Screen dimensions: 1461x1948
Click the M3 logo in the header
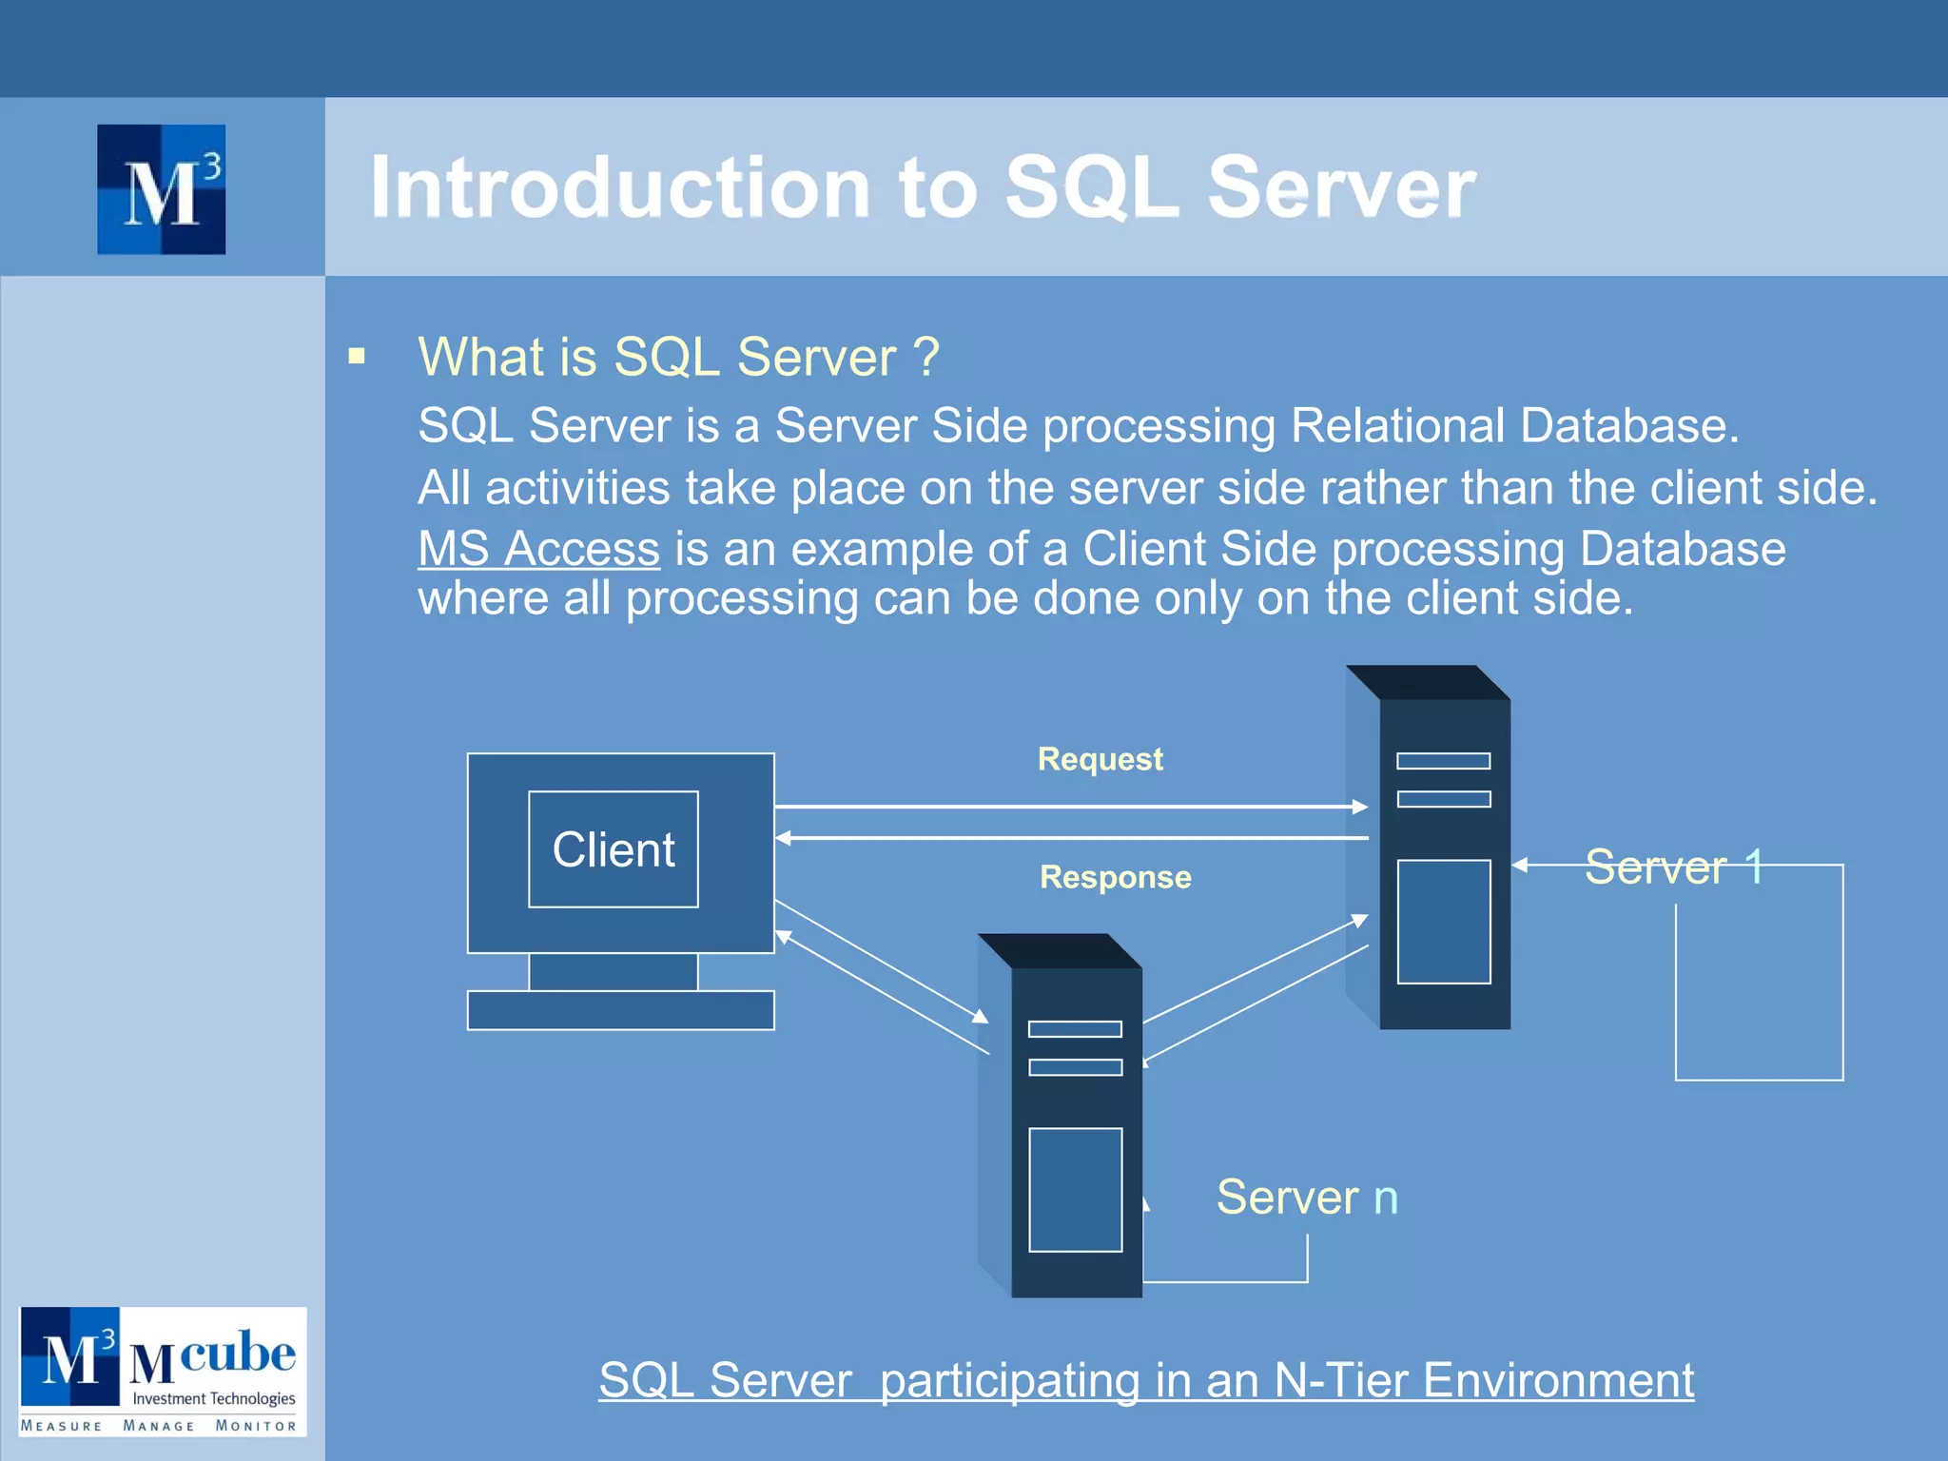coord(162,189)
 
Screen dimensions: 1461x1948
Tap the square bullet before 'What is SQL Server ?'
coord(357,357)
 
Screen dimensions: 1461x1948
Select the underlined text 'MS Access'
coord(538,550)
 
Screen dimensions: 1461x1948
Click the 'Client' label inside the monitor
coord(614,849)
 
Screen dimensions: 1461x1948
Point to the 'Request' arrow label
coord(1100,759)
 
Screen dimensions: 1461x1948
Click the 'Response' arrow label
coord(1115,877)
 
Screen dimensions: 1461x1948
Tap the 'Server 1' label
coord(1673,867)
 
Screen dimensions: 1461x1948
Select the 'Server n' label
coord(1307,1197)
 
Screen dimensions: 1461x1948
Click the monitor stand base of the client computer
coord(620,1010)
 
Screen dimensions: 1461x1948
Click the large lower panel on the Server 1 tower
coord(1443,922)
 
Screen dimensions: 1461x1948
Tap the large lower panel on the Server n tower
coord(1075,1190)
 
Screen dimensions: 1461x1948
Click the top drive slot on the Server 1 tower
coord(1443,761)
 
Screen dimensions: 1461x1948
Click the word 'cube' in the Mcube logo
coord(237,1352)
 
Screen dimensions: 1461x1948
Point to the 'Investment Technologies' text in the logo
coord(213,1398)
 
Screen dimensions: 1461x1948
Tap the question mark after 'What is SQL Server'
coord(925,358)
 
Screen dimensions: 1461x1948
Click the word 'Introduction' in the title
coord(620,187)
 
